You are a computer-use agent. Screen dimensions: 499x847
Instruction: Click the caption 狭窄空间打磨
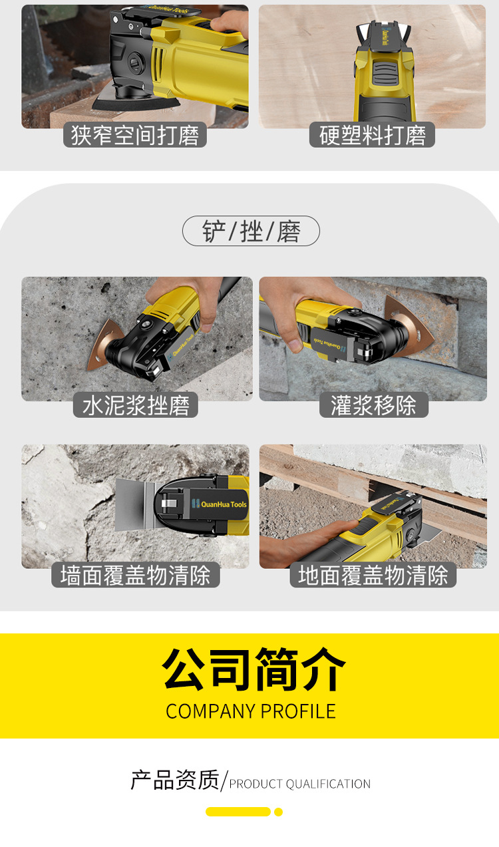coord(135,135)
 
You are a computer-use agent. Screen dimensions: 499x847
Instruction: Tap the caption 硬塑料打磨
coord(373,135)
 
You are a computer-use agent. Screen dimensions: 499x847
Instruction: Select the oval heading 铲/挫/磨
coord(251,231)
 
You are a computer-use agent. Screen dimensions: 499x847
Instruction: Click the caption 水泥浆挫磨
coord(136,405)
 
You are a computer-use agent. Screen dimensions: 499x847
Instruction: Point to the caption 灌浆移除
coord(373,405)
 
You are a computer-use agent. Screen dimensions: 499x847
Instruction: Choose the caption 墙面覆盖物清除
coord(135,575)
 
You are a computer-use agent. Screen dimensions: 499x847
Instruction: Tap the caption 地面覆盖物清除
coord(373,575)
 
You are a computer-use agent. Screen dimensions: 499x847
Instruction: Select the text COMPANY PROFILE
coord(251,711)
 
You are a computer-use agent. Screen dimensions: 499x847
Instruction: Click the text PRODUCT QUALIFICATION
coord(300,784)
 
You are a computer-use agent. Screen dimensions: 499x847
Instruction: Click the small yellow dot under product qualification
coord(279,812)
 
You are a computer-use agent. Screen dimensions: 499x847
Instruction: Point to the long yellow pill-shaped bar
coord(238,812)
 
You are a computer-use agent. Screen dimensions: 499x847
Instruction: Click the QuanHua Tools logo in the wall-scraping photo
coord(220,504)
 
